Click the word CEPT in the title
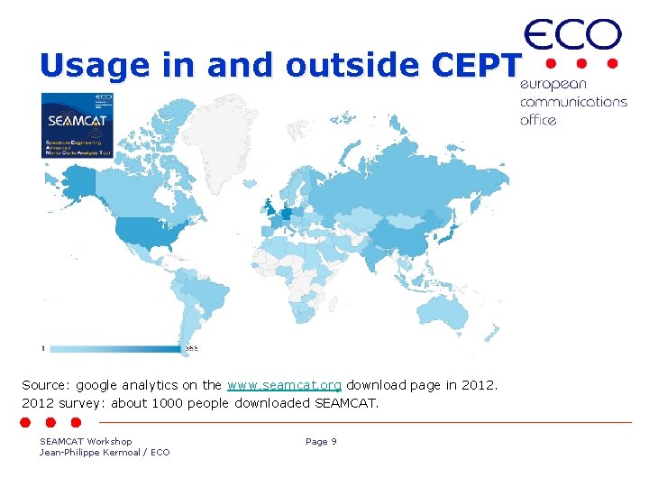[x=476, y=66]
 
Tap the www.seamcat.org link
[x=284, y=385]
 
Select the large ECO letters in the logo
[x=572, y=36]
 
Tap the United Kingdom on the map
[x=268, y=207]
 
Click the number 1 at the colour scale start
[x=43, y=348]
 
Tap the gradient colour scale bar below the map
[x=113, y=348]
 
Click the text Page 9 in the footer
[x=321, y=441]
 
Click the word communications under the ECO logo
[x=573, y=102]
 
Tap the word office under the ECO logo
[x=538, y=120]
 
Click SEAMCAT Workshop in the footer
[x=86, y=441]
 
